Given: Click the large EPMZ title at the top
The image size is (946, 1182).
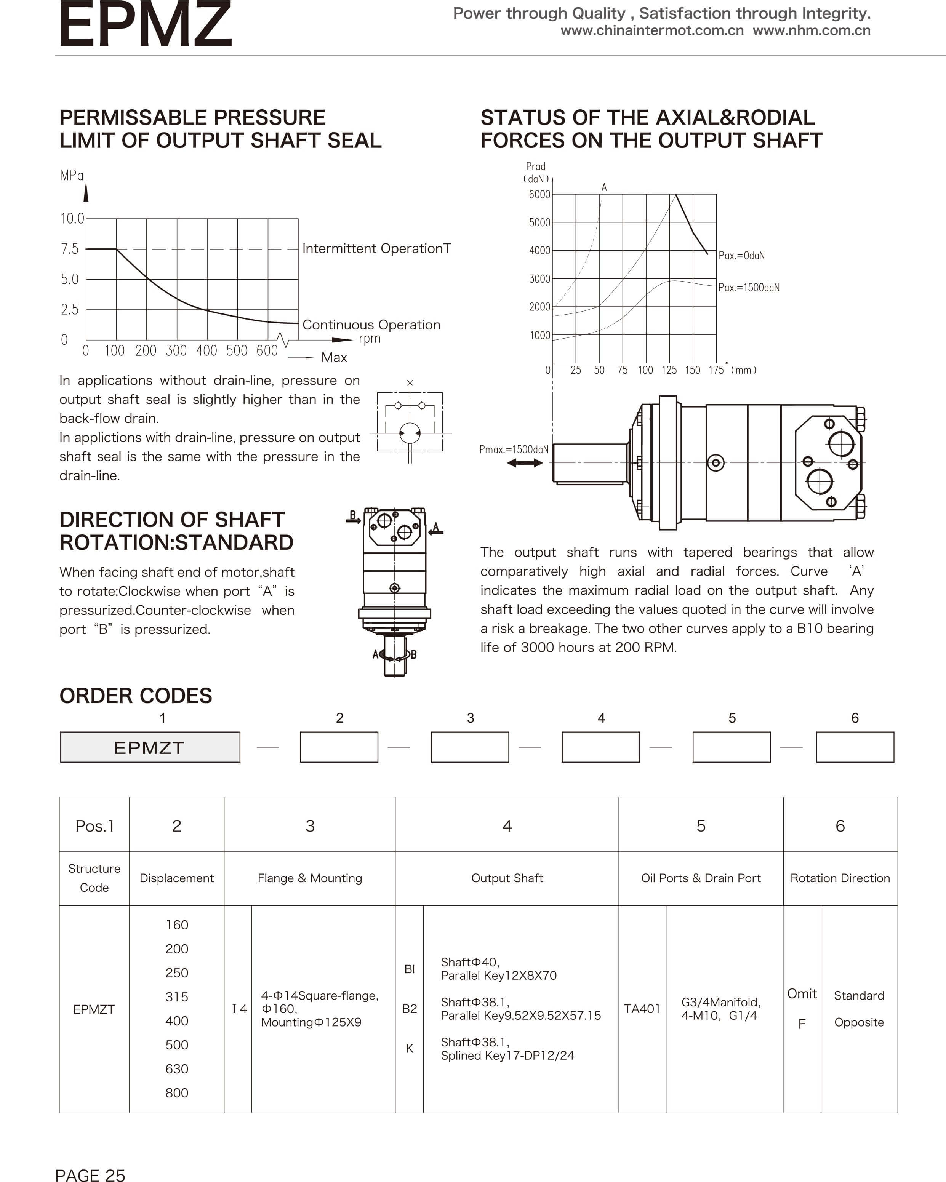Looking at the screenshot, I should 145,25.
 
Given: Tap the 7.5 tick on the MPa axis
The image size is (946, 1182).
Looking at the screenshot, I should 70,249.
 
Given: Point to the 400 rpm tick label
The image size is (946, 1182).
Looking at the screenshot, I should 207,351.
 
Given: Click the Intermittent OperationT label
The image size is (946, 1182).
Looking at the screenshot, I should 376,249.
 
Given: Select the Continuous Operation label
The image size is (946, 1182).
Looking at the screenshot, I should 371,325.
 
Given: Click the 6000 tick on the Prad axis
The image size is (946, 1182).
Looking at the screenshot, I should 539,195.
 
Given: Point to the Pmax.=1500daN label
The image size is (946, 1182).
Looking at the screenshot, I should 514,449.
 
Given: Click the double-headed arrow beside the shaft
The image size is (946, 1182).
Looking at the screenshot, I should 525,463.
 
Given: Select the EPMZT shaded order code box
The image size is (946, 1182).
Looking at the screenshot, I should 150,747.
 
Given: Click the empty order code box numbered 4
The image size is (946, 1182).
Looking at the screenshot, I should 600,747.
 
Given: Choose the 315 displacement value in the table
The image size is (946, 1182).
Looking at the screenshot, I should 176,997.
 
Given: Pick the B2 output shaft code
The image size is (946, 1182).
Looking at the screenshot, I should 410,1009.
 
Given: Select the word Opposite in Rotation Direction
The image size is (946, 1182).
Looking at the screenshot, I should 859,1022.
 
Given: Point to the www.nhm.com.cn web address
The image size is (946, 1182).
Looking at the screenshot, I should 812,31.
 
